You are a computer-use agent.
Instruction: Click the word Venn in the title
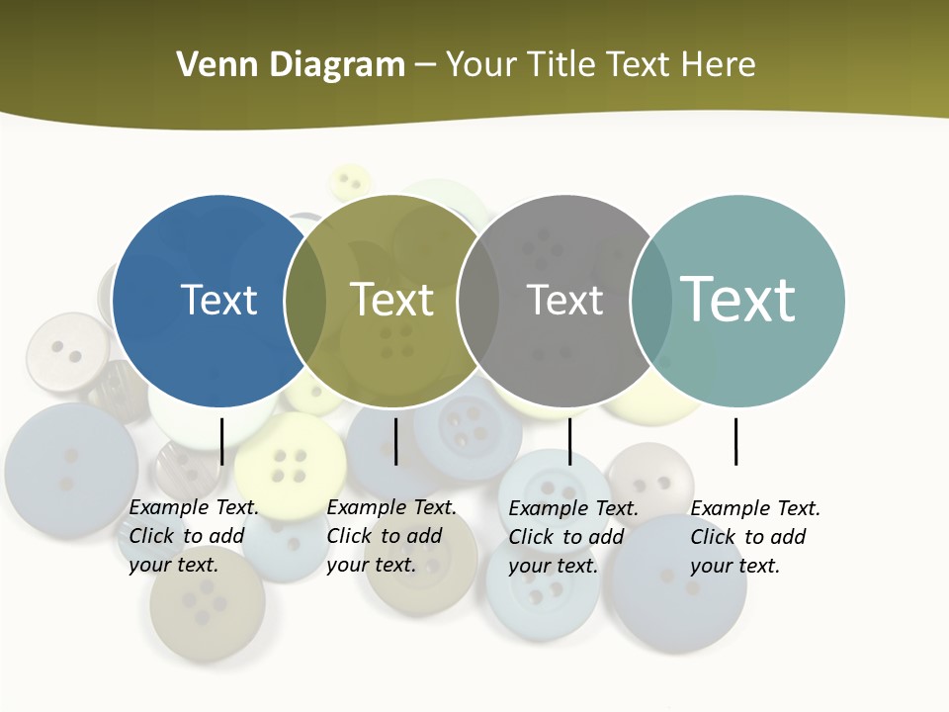coord(213,65)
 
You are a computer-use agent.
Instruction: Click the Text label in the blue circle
coord(218,300)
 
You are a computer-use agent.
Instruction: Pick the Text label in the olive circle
coord(392,300)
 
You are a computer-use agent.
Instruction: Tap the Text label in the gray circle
coord(564,300)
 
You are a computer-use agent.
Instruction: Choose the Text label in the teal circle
coord(738,299)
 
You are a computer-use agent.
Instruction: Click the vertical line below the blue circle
coord(221,441)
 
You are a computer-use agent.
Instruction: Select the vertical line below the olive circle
coord(395,441)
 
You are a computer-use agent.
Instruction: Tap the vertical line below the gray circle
coord(569,441)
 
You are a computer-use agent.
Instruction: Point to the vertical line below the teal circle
coord(735,441)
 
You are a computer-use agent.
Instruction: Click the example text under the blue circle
coord(194,536)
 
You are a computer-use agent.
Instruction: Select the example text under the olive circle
coord(391,536)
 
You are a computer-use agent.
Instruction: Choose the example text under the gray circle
coord(573,537)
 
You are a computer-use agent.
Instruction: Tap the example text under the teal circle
coord(755,537)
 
